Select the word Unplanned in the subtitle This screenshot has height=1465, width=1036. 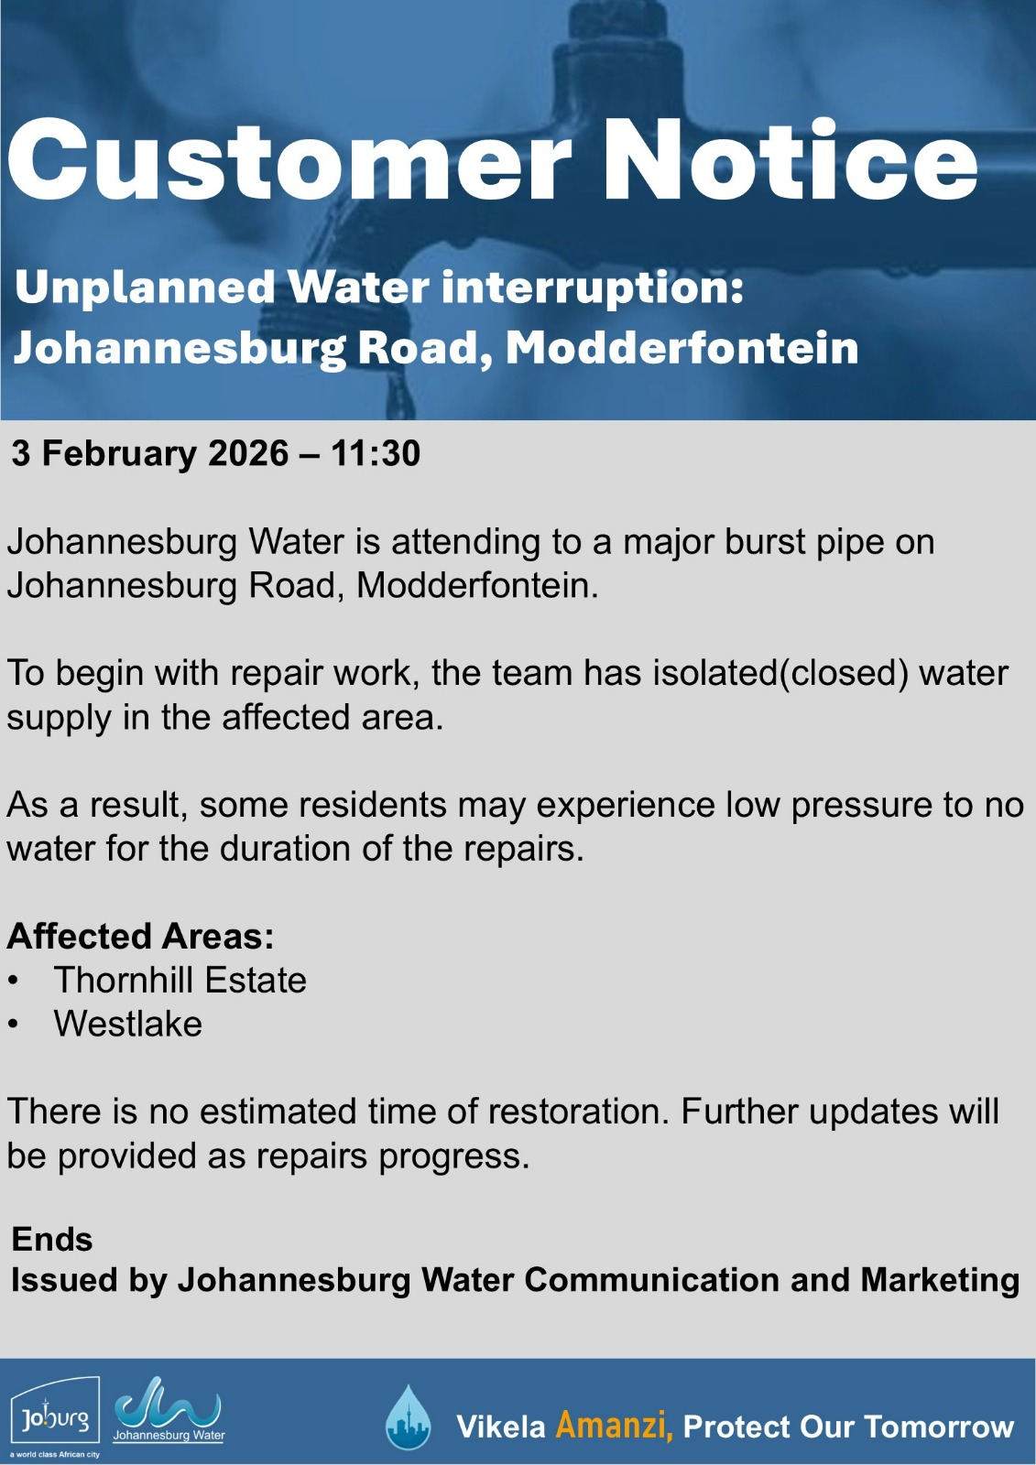145,289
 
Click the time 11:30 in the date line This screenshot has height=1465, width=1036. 375,453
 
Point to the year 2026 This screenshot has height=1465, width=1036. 248,453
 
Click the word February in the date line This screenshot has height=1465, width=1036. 119,454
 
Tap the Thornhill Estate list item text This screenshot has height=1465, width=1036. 180,980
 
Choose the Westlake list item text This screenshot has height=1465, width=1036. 128,1024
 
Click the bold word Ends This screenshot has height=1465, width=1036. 52,1239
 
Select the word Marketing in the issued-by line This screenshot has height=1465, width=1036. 940,1282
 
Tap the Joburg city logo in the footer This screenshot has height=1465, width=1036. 56,1418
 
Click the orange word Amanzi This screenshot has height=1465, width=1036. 614,1426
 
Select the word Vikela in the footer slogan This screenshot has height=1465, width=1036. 501,1427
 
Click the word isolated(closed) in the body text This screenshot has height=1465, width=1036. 780,673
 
